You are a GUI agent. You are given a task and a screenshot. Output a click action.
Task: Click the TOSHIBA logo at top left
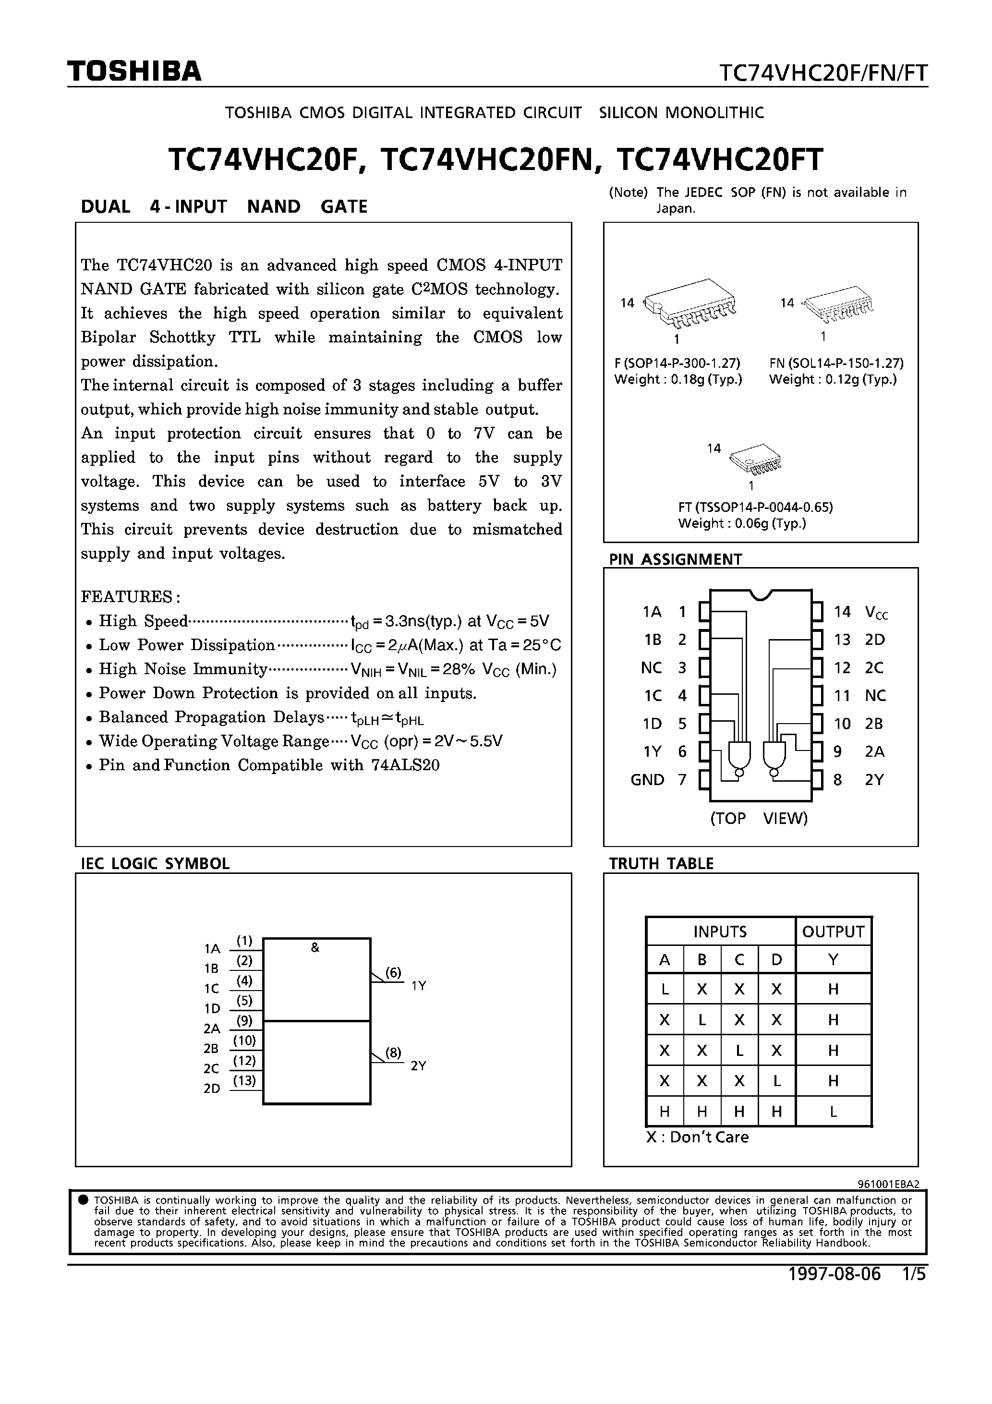click(x=134, y=72)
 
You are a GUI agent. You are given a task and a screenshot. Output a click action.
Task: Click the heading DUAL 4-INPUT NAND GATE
click(x=224, y=206)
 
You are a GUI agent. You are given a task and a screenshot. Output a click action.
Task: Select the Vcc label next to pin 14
click(x=876, y=612)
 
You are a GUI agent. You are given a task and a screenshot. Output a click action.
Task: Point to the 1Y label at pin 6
click(x=652, y=751)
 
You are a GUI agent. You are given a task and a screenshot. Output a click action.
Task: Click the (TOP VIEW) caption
click(x=758, y=818)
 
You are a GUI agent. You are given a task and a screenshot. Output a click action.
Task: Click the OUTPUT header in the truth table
click(x=833, y=932)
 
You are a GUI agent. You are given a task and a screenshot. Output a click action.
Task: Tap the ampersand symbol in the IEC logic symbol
click(x=315, y=948)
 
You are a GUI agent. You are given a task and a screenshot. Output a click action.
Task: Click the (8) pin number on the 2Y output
click(x=393, y=1053)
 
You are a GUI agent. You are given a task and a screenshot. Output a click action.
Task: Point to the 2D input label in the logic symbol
click(x=212, y=1089)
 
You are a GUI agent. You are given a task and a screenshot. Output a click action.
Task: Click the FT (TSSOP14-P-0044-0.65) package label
click(x=755, y=507)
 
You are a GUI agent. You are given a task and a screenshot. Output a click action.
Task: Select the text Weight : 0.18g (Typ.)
click(x=677, y=379)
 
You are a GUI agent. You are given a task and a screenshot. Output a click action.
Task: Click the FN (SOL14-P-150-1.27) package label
click(x=836, y=363)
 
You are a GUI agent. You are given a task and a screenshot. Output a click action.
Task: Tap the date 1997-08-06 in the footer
click(x=834, y=1274)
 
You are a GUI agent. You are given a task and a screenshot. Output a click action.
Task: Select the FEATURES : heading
click(x=131, y=596)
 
